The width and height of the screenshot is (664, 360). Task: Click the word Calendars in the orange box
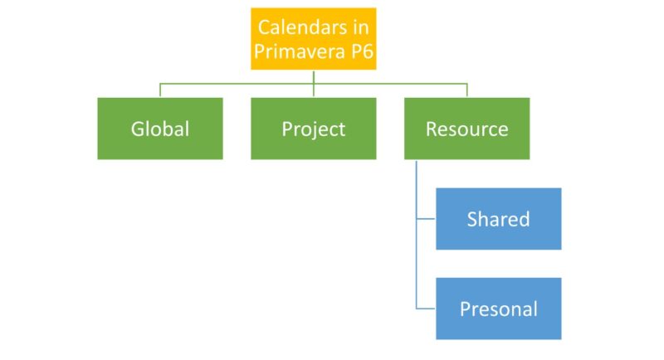click(x=301, y=27)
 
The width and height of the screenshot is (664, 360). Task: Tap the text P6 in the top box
click(x=362, y=51)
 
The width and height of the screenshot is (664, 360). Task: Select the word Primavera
click(x=300, y=51)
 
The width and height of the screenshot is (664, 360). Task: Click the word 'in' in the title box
click(x=359, y=27)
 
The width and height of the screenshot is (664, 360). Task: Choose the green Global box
click(x=160, y=129)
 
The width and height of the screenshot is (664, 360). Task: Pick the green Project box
click(x=314, y=129)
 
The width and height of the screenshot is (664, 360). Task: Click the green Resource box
click(x=466, y=129)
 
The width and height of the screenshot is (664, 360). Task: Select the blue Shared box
click(x=499, y=219)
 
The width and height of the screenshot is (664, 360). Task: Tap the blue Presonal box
click(x=499, y=309)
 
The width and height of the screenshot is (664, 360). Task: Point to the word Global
click(x=160, y=129)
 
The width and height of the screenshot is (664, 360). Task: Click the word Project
click(x=314, y=129)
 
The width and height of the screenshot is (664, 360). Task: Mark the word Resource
click(x=466, y=129)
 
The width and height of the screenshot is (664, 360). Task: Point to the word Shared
click(x=499, y=219)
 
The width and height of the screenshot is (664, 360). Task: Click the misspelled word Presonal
click(x=499, y=309)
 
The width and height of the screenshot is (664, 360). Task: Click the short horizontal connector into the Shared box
click(x=426, y=219)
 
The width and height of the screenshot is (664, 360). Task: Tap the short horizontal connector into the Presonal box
click(x=426, y=309)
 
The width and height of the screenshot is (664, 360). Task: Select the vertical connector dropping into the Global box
click(x=160, y=90)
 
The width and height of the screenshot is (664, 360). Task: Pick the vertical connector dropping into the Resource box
click(x=466, y=90)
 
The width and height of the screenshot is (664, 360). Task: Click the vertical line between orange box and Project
click(x=314, y=84)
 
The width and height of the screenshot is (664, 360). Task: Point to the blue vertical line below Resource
click(x=417, y=234)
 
